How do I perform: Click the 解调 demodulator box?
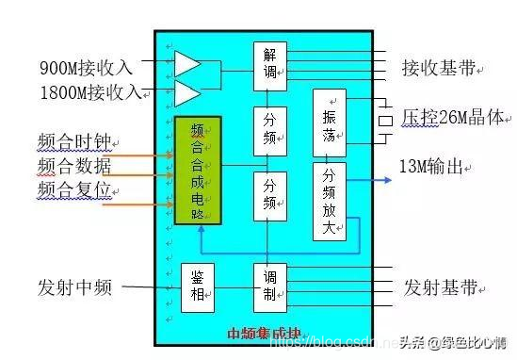269,65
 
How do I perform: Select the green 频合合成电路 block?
198,171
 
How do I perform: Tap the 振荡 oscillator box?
330,123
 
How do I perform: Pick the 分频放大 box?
329,200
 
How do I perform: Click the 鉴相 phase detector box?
198,287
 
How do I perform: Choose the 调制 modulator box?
269,287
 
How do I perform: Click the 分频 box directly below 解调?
269,132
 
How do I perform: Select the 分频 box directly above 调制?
269,195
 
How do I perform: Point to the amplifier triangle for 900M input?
187,64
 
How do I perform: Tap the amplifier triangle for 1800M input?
187,92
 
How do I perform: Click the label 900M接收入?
87,68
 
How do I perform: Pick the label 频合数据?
75,167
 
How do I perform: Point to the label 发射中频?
75,287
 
